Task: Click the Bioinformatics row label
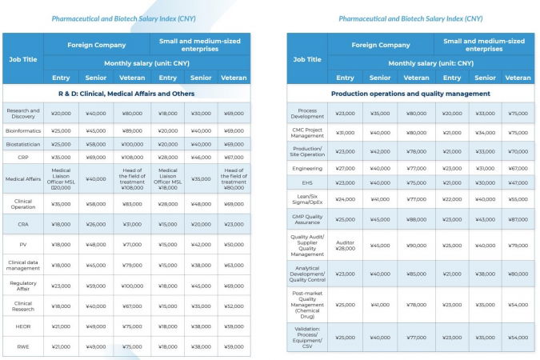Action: click(x=23, y=130)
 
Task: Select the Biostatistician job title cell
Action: click(x=23, y=144)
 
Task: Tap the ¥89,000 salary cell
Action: click(x=133, y=130)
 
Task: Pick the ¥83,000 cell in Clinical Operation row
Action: click(x=133, y=204)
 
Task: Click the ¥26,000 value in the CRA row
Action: click(x=98, y=225)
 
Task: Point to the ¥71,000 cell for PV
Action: click(x=133, y=244)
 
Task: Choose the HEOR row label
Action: click(x=23, y=326)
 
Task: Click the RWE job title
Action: click(x=23, y=346)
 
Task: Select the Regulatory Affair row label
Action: click(x=23, y=285)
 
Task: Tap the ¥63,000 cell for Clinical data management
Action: click(x=234, y=265)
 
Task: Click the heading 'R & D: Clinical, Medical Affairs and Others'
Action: click(x=126, y=94)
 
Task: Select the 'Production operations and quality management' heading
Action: click(x=410, y=94)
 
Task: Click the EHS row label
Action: click(x=307, y=182)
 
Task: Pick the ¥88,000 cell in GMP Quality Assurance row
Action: click(x=416, y=219)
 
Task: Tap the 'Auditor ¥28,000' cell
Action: click(x=346, y=246)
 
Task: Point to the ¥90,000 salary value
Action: click(x=416, y=246)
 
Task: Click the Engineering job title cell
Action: click(x=307, y=169)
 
